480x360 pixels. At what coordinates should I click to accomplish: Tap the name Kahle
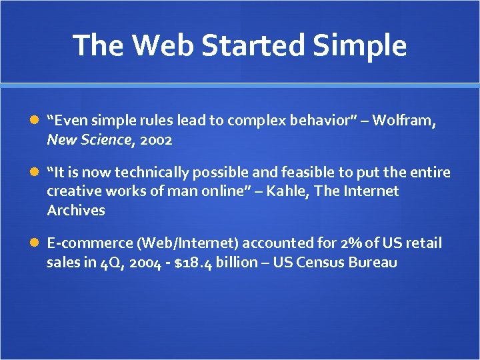[287, 191]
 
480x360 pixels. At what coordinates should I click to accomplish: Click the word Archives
[76, 211]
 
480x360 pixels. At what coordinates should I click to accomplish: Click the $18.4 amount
[194, 263]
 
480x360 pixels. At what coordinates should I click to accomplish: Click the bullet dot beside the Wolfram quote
[35, 121]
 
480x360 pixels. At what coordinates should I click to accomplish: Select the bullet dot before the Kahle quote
[35, 173]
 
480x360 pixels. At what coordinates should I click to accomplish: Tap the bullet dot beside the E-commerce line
[35, 243]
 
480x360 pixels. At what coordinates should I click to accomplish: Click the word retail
[423, 243]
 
